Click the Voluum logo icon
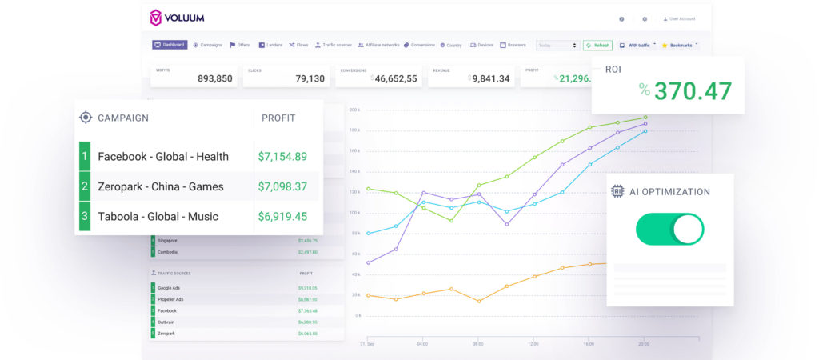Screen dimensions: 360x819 click(156, 17)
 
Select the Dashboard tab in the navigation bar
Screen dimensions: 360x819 click(170, 45)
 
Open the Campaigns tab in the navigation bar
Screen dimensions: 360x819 click(208, 45)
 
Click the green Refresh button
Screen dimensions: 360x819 click(597, 46)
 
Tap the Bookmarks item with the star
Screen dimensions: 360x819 click(680, 46)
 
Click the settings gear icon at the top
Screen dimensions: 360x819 click(645, 18)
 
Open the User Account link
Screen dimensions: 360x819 click(680, 18)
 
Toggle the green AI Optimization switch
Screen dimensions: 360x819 click(669, 229)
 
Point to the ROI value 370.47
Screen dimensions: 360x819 click(693, 90)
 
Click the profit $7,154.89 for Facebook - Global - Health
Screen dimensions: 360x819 click(282, 157)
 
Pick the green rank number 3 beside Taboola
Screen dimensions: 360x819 click(85, 217)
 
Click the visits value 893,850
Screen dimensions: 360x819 click(214, 78)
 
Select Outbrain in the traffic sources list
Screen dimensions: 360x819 click(166, 322)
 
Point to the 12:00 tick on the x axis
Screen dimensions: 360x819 click(533, 343)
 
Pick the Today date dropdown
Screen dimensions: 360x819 click(557, 46)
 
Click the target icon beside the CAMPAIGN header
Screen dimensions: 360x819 click(86, 118)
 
